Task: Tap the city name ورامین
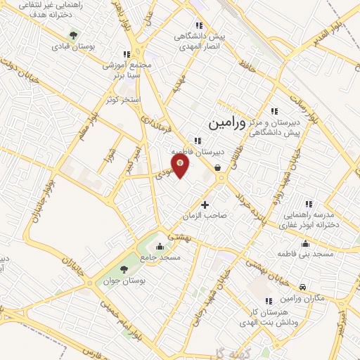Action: (x=227, y=123)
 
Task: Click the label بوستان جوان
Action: (x=124, y=281)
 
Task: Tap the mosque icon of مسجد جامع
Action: (x=160, y=246)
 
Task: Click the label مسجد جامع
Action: (x=160, y=258)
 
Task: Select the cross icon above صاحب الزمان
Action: (x=205, y=205)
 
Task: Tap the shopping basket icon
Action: (x=218, y=168)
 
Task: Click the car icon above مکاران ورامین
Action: (x=302, y=288)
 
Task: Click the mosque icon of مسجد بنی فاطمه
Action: (x=304, y=243)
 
